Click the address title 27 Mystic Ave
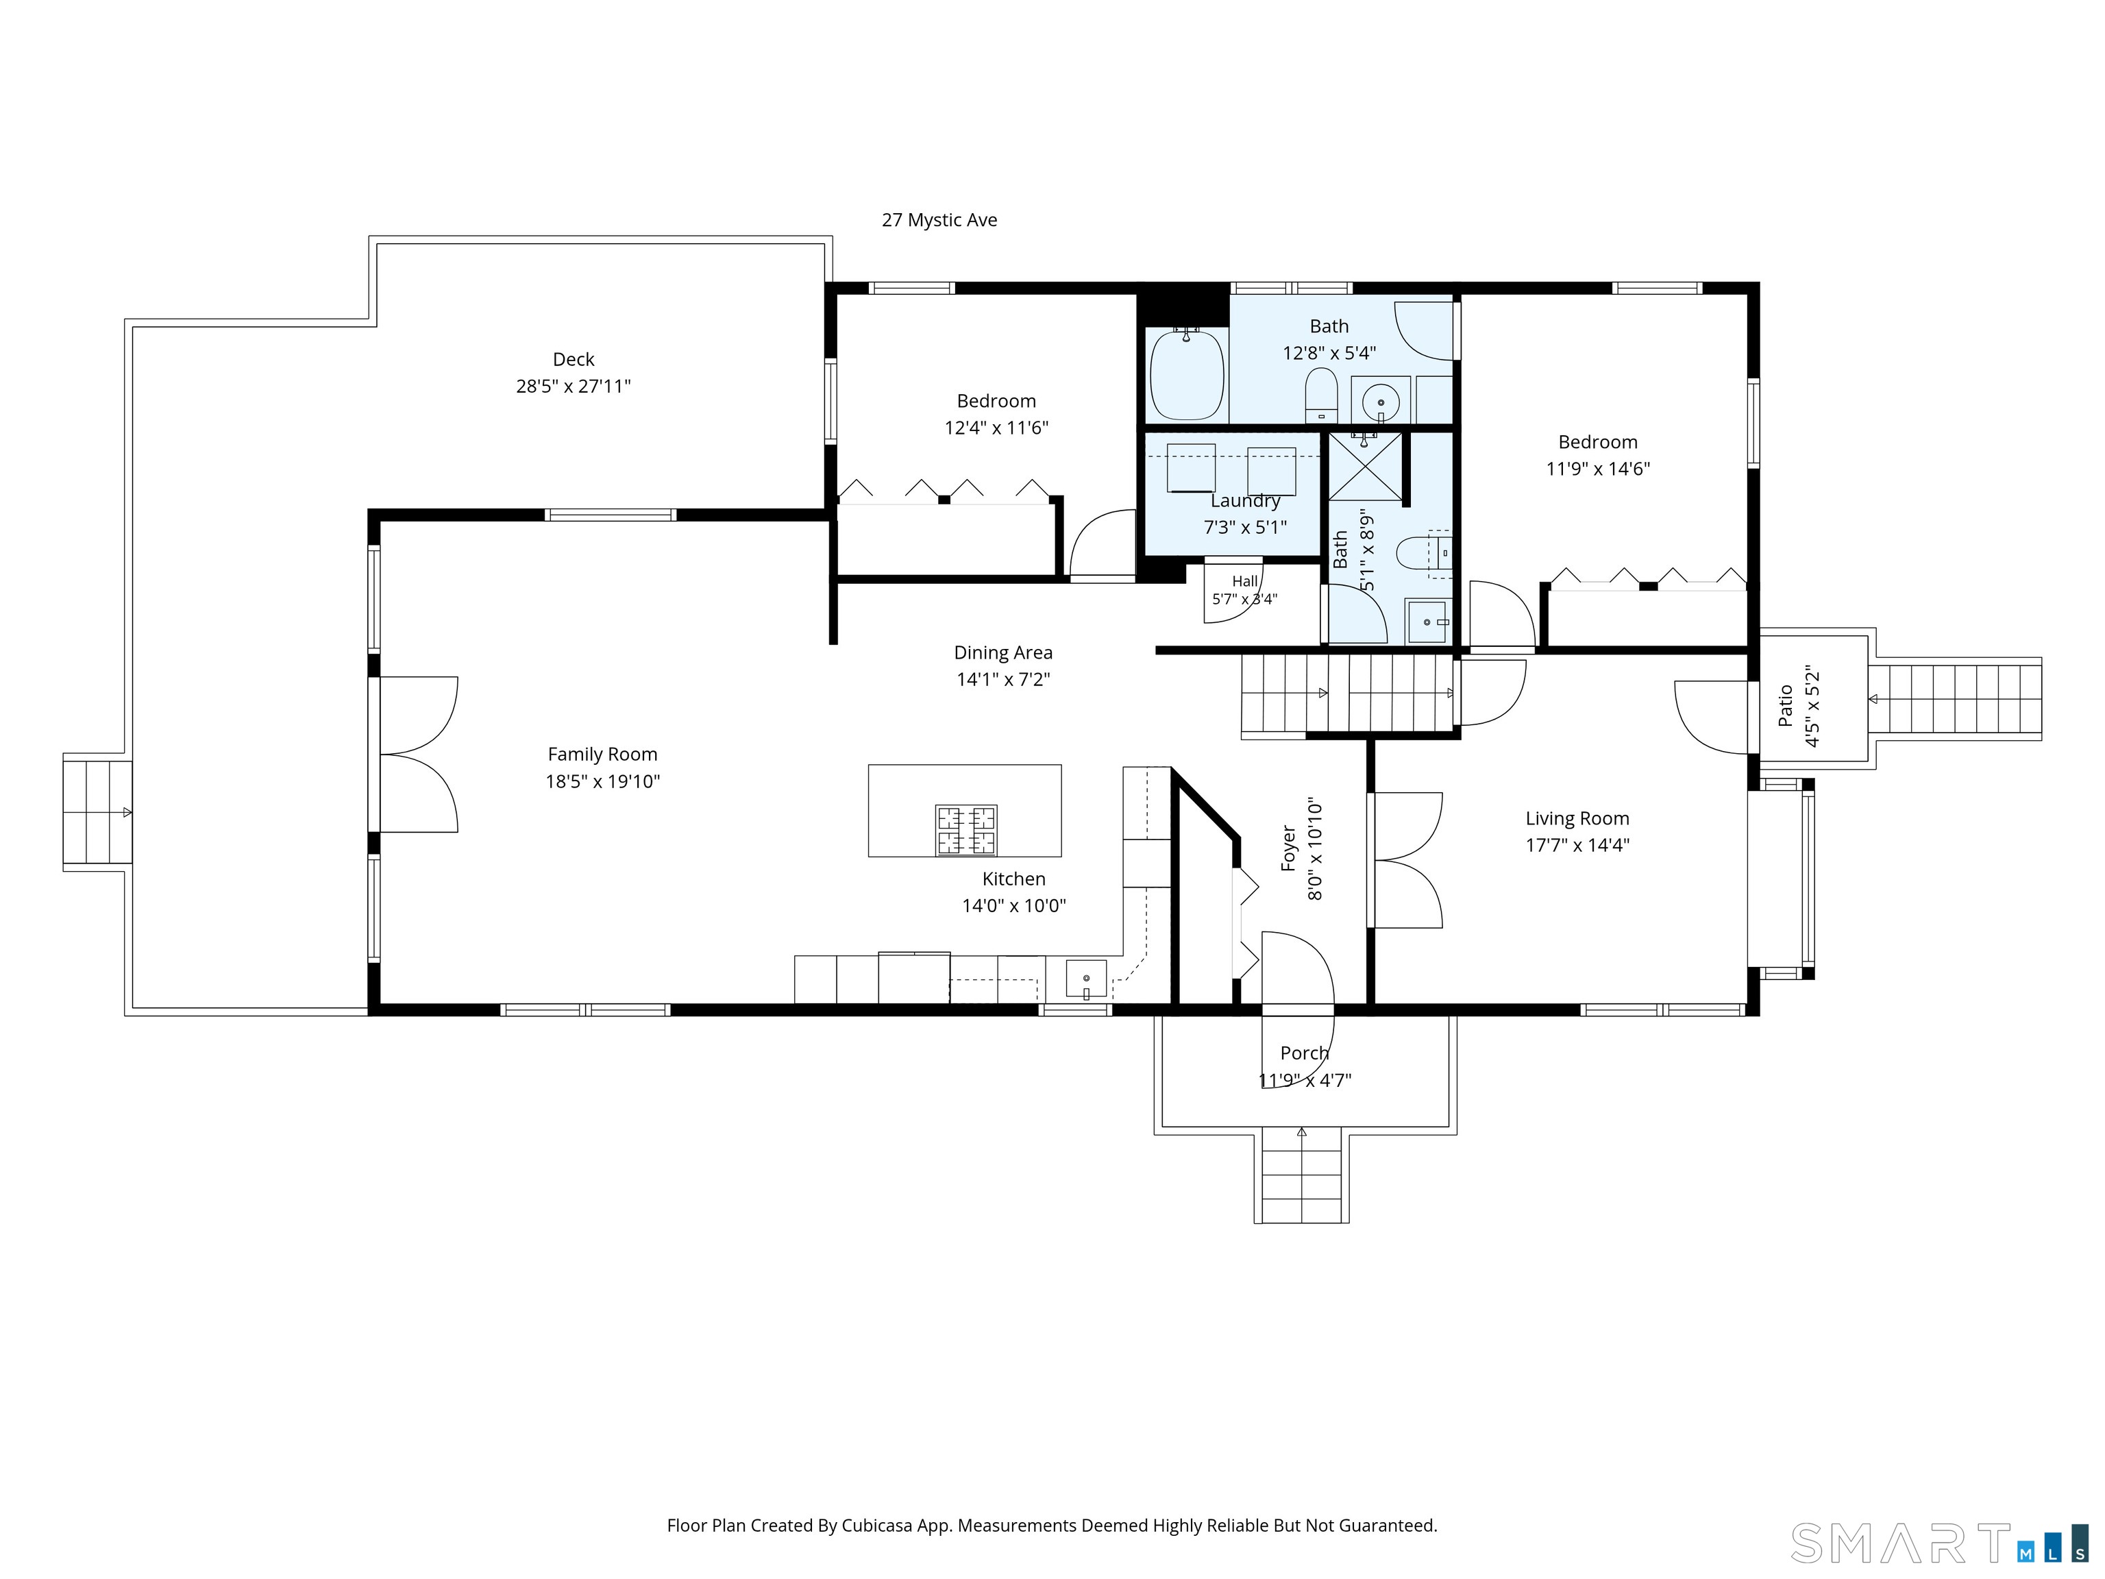[939, 220]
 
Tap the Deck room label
[574, 360]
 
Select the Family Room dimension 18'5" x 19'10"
[602, 781]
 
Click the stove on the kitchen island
[966, 830]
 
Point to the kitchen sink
[1086, 979]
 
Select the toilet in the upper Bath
[1321, 395]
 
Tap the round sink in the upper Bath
[1380, 402]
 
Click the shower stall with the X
[1366, 467]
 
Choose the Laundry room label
[1246, 501]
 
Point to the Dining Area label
[1003, 653]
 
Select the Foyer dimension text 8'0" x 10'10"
[1315, 849]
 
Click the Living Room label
[1577, 818]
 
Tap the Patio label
[1785, 705]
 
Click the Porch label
[1305, 1053]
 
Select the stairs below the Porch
[1301, 1175]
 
